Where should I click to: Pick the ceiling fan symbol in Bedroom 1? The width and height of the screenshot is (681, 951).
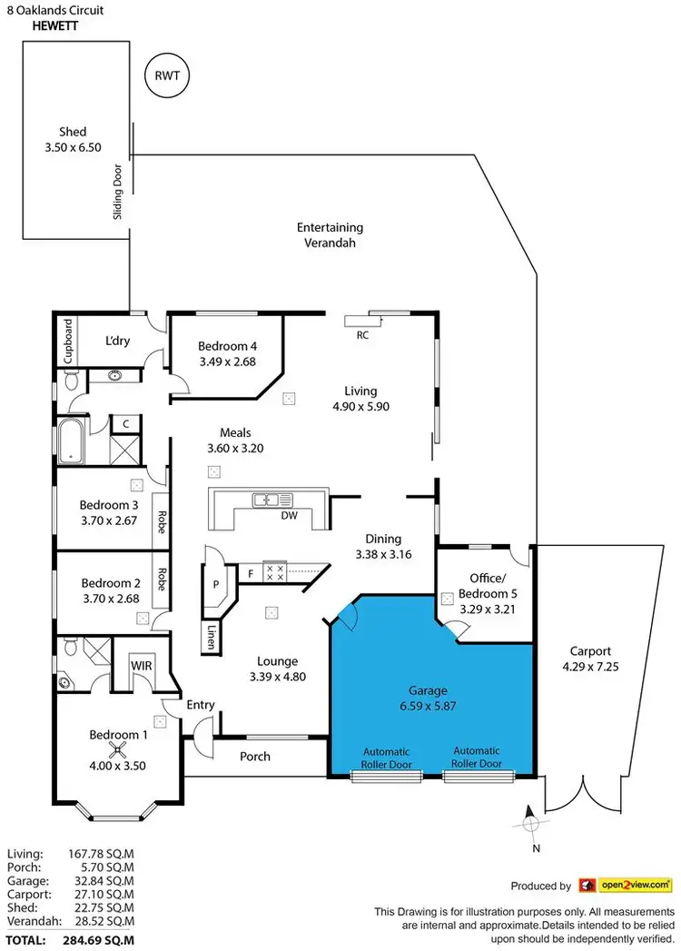click(x=117, y=749)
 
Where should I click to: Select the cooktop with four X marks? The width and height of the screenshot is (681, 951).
click(x=274, y=572)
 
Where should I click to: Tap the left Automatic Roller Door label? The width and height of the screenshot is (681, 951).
click(x=388, y=758)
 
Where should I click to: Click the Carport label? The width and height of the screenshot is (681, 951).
click(x=590, y=651)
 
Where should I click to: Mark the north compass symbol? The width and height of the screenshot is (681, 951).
click(x=531, y=824)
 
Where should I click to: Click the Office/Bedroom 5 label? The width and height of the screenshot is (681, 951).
click(x=492, y=585)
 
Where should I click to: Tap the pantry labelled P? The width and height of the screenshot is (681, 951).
click(x=216, y=584)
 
